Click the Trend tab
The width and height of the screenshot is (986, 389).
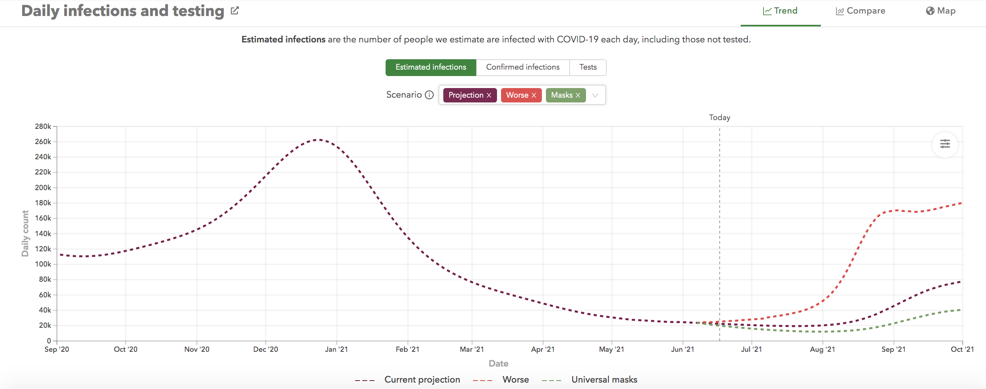pos(780,11)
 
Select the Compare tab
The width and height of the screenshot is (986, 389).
pos(861,11)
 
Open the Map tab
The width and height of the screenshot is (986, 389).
pos(941,11)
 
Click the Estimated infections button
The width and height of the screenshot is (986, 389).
pos(431,67)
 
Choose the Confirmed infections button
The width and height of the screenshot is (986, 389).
pos(523,67)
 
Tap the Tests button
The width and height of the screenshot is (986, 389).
pos(588,67)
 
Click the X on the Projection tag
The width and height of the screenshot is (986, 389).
pos(489,95)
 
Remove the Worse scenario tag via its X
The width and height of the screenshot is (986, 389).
pos(534,95)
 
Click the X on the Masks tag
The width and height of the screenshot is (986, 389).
pos(578,95)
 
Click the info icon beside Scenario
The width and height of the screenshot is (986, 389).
pos(429,95)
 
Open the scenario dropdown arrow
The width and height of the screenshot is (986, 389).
pos(595,95)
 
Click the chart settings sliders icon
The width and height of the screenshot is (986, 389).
pos(945,144)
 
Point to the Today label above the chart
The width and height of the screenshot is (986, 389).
pos(719,117)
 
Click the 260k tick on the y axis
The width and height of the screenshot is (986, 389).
pos(43,142)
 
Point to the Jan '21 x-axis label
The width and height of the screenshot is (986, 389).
pos(336,349)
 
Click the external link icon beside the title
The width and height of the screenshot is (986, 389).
pos(235,11)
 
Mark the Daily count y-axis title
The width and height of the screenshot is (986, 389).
pos(25,233)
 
